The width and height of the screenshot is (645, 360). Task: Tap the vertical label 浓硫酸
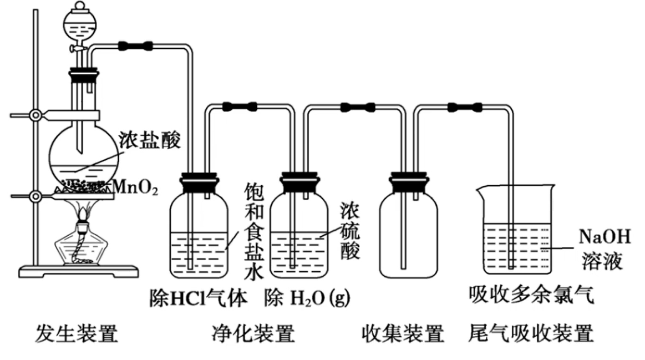coord(351,229)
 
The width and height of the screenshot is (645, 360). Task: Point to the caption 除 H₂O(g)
coord(308,298)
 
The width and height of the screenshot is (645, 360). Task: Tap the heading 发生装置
coord(77,334)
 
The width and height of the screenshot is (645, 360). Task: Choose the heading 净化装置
coord(252,334)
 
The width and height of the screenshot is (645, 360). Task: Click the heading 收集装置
coord(403,334)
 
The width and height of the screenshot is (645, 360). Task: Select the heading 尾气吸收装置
coord(531,334)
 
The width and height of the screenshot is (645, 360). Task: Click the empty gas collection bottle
coord(408,233)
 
